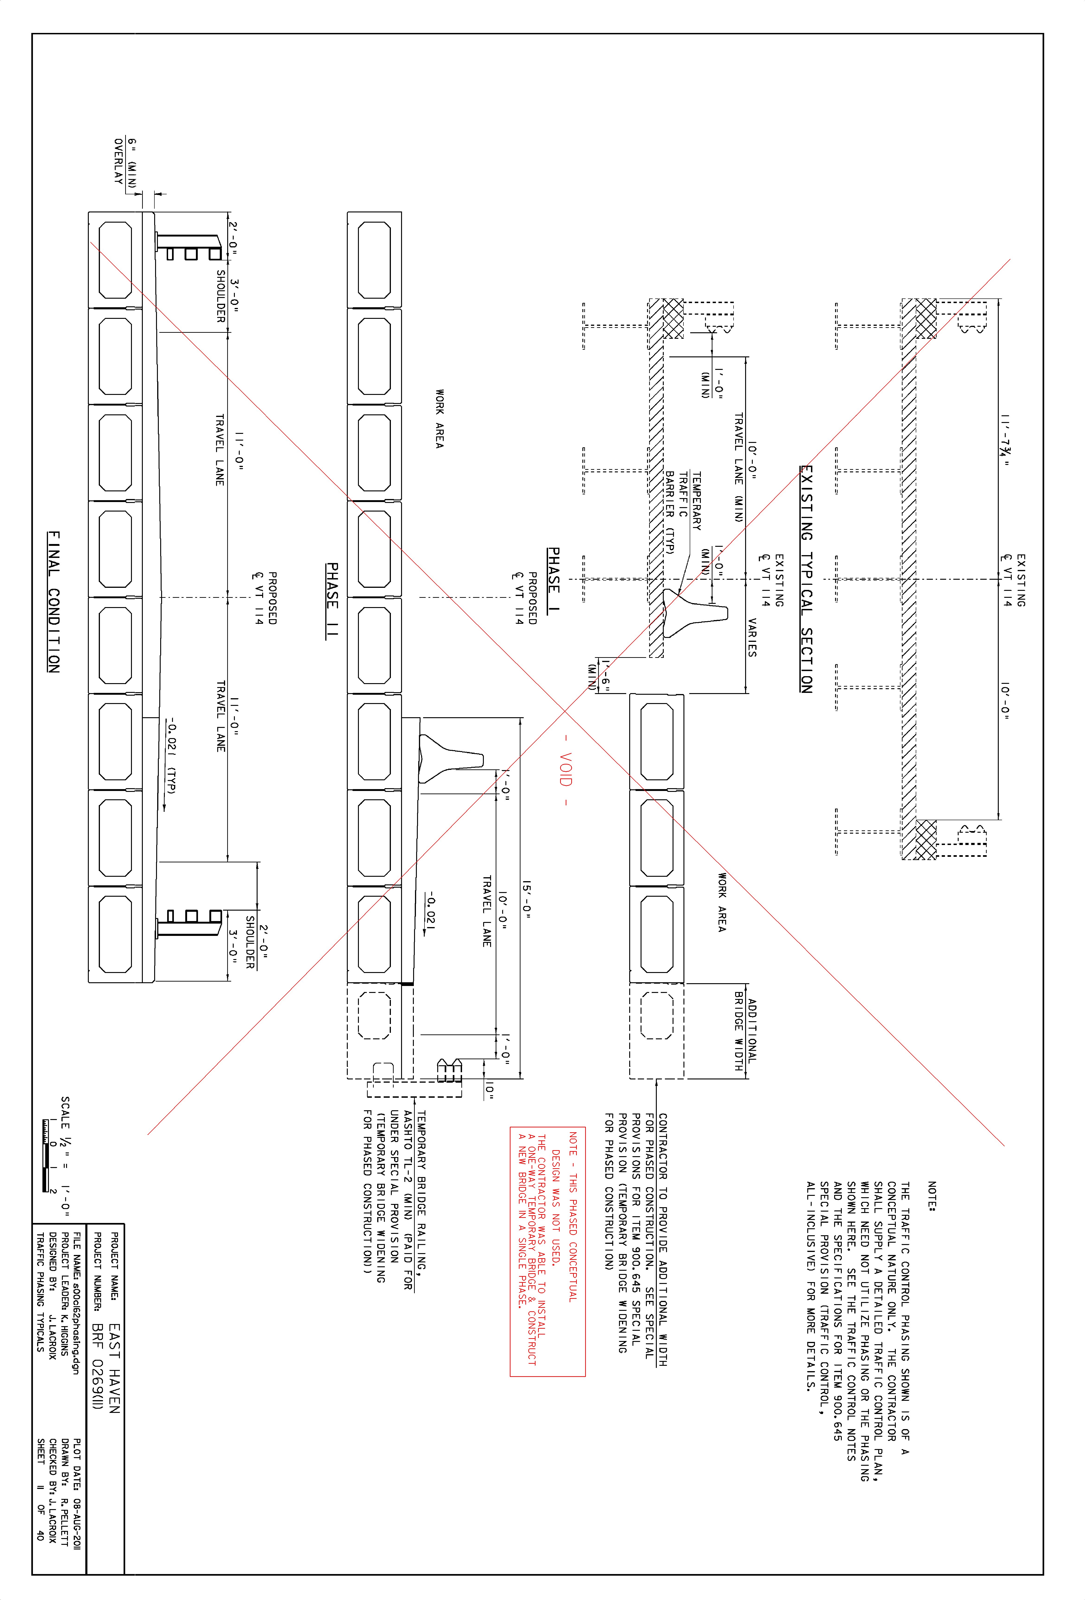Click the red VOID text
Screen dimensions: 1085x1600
(x=566, y=770)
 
